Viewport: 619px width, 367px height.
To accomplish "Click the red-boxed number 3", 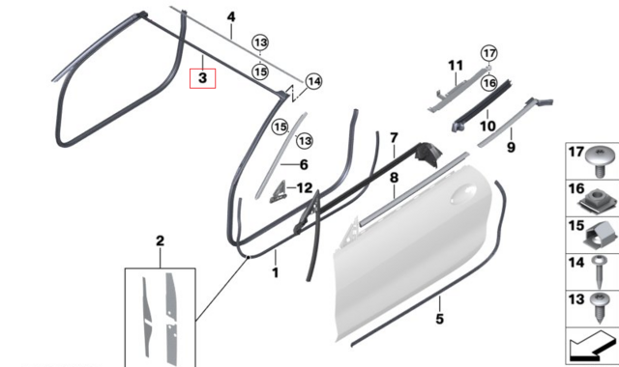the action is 202,78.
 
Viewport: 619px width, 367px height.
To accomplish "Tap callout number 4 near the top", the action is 231,17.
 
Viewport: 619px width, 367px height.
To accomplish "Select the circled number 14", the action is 313,81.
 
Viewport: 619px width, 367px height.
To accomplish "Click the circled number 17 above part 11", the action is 489,53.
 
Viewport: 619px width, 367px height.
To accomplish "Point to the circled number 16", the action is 489,83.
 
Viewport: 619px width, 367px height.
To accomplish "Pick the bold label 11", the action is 456,66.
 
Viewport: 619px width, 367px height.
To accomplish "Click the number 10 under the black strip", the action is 487,127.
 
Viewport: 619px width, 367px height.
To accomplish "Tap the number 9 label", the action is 512,148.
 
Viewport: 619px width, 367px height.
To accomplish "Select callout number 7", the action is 394,138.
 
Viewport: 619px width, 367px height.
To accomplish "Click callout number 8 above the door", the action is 394,178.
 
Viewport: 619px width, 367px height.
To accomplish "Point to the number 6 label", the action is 304,164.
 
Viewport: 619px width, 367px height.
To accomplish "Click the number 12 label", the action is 305,188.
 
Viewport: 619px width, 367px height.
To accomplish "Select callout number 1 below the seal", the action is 275,272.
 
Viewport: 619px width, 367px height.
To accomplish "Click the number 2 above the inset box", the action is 160,240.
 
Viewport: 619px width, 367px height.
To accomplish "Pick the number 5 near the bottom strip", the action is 439,319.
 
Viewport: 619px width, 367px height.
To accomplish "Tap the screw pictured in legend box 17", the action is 600,161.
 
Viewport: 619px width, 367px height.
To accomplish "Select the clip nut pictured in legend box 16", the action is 597,201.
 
